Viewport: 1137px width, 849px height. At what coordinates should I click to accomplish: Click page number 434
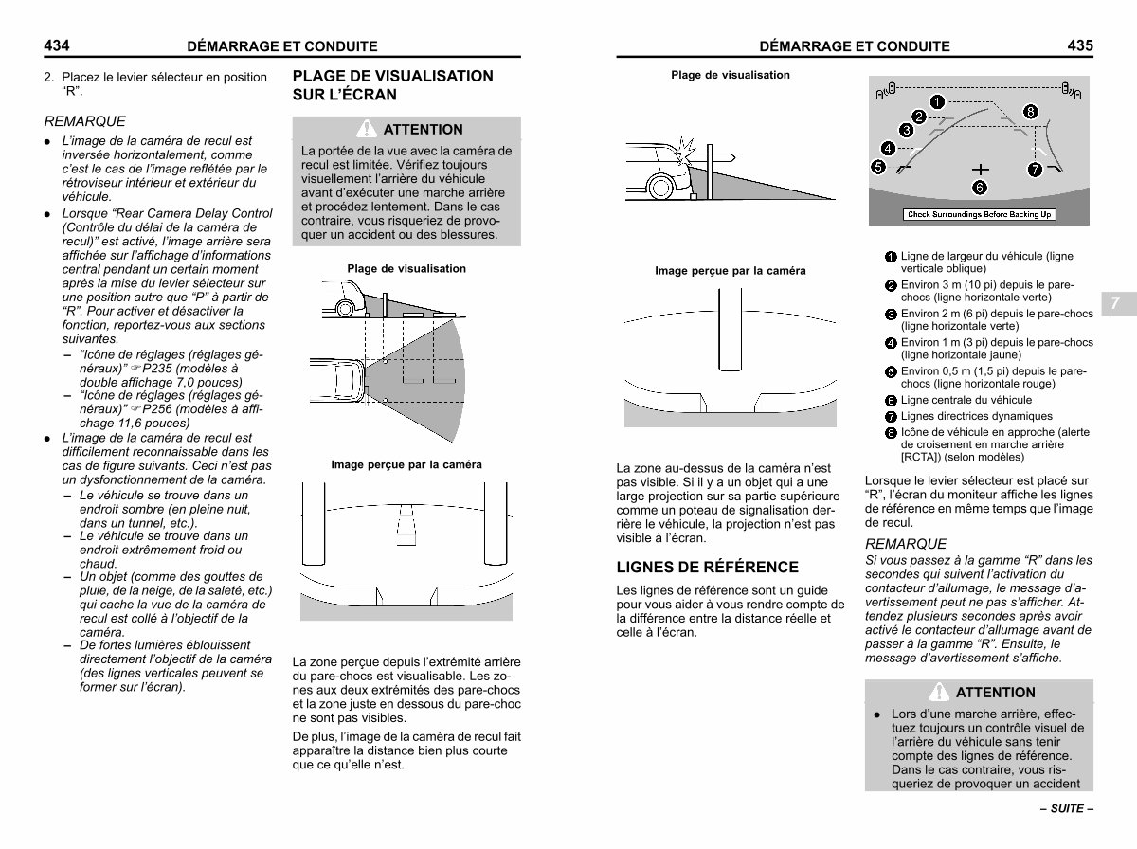[58, 45]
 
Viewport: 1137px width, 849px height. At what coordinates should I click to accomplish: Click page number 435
[1079, 45]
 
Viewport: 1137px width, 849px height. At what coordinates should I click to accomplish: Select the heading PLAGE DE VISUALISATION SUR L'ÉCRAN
[392, 85]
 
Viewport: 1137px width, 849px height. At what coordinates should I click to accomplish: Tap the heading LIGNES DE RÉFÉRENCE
[707, 568]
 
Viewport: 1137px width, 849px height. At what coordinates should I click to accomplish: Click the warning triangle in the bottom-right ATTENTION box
[940, 692]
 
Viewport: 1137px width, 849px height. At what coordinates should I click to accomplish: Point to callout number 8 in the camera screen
[1031, 112]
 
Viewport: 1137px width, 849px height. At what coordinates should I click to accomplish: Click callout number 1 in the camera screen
[935, 100]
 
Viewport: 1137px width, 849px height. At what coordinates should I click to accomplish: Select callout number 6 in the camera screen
[980, 186]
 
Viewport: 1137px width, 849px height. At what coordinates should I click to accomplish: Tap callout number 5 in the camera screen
[878, 167]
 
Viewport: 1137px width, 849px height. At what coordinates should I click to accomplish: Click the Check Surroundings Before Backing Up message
[980, 214]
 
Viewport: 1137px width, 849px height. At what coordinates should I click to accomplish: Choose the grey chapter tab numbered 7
[1115, 303]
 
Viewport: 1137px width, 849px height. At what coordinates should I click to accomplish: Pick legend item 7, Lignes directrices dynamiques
[975, 417]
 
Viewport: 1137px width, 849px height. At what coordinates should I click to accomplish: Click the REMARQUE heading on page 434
[84, 121]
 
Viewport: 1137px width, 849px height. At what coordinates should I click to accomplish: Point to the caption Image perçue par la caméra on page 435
[730, 271]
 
